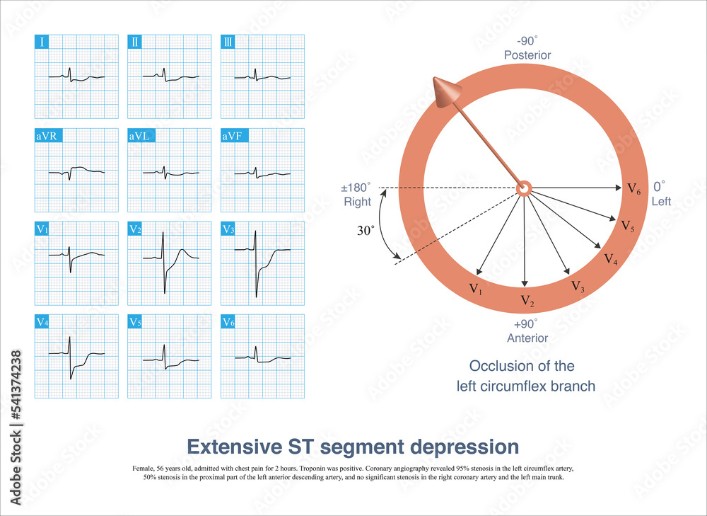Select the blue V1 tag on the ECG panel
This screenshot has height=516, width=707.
coord(44,229)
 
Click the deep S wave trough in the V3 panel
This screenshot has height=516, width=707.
coord(257,297)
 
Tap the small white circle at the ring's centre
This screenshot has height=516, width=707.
coord(524,188)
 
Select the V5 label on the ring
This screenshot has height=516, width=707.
coord(627,226)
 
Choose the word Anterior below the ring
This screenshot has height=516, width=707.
coord(527,338)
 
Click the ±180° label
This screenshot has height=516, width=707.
coord(357,188)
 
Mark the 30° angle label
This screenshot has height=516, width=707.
coord(366,231)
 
